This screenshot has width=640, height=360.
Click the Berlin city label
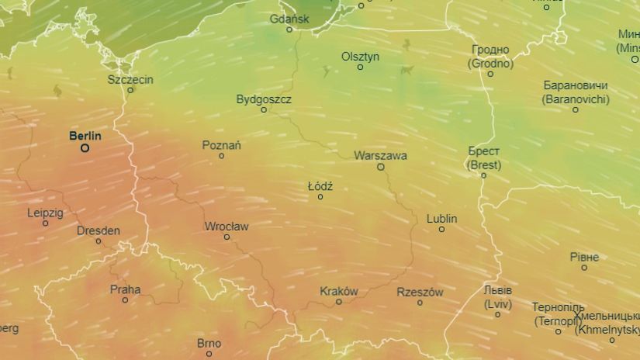pyautogui.click(x=85, y=136)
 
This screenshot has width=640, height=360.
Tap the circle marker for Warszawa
pyautogui.click(x=381, y=167)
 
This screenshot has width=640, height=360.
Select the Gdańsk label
pyautogui.click(x=289, y=19)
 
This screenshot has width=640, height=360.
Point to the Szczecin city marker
pyautogui.click(x=130, y=90)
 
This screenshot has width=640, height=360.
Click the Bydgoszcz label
pyautogui.click(x=264, y=99)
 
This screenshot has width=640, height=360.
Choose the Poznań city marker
pyautogui.click(x=221, y=156)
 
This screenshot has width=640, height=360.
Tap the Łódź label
pyautogui.click(x=320, y=186)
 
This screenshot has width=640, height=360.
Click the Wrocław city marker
pyautogui.click(x=227, y=237)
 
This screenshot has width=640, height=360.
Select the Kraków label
pyautogui.click(x=339, y=292)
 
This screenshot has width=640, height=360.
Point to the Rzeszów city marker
pyautogui.click(x=420, y=303)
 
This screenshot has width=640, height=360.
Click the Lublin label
pyautogui.click(x=441, y=219)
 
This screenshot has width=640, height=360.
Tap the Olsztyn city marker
pyautogui.click(x=360, y=67)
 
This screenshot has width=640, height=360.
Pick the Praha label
pyautogui.click(x=125, y=289)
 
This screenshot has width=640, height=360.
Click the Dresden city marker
pyautogui.click(x=99, y=241)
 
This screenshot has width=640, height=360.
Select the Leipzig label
pyautogui.click(x=45, y=213)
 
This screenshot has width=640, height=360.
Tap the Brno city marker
pyautogui.click(x=209, y=354)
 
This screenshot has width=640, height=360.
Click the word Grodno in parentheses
pyautogui.click(x=491, y=64)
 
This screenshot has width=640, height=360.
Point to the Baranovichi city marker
pyautogui.click(x=576, y=109)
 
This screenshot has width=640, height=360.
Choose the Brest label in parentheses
pyautogui.click(x=484, y=165)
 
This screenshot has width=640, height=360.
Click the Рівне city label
pyautogui.click(x=584, y=257)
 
